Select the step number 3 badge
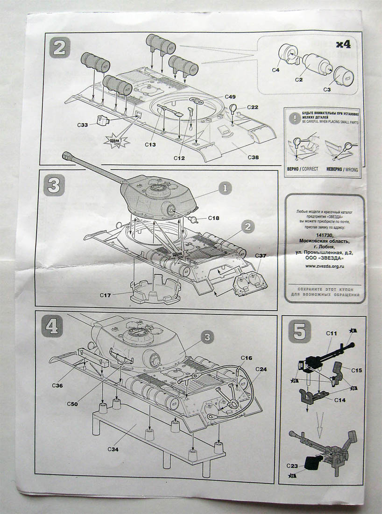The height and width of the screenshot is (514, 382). pos(53,185)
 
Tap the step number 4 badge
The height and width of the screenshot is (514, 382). pos(51,325)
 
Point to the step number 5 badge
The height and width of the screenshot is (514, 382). pos(297,331)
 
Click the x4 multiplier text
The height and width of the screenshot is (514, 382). pos(343,44)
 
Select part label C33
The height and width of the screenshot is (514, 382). pos(83,125)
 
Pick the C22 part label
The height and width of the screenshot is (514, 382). pos(253,107)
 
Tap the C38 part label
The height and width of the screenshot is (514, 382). pos(253,157)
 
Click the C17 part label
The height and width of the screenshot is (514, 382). pos(106,295)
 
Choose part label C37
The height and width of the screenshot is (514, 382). pos(261,256)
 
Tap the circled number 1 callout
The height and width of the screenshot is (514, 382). pos(225,189)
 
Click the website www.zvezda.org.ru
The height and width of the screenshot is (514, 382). pos(325,266)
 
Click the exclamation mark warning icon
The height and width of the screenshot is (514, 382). pos(294,119)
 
